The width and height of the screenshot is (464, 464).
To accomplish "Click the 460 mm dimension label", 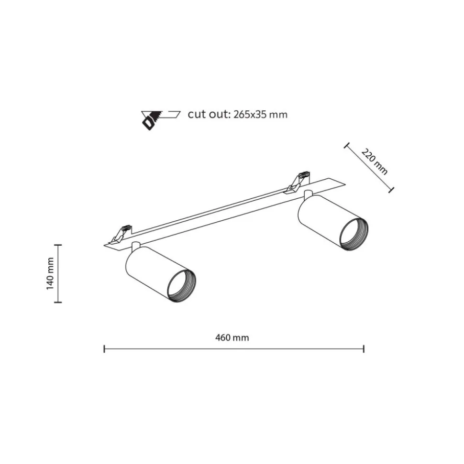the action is [x=232, y=338].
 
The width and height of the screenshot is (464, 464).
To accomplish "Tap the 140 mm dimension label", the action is [x=50, y=274].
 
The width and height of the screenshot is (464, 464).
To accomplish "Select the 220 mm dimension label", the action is [x=374, y=162].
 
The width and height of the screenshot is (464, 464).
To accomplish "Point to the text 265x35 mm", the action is [x=260, y=115].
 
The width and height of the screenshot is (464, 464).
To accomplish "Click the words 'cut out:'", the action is [x=209, y=114].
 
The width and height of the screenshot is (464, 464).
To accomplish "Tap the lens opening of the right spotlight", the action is [x=354, y=234].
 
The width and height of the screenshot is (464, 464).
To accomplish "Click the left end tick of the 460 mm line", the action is [x=104, y=349].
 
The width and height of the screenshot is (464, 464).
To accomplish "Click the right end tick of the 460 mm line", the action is [x=364, y=349].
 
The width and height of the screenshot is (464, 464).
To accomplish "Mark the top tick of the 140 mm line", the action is [x=58, y=245].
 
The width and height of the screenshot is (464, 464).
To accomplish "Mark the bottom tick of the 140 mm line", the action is [x=58, y=302].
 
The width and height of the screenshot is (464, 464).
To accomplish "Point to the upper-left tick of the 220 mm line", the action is [x=346, y=145].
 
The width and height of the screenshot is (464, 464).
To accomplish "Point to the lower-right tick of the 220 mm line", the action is [x=391, y=190].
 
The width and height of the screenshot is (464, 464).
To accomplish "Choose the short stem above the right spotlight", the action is [x=308, y=194].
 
